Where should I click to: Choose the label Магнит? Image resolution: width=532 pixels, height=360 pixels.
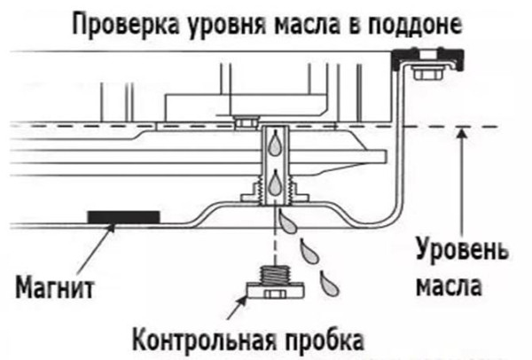(55, 287)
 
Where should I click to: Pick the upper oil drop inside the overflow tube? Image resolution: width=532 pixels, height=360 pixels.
(275, 142)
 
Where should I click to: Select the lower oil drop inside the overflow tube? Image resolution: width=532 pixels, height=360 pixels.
(276, 182)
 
